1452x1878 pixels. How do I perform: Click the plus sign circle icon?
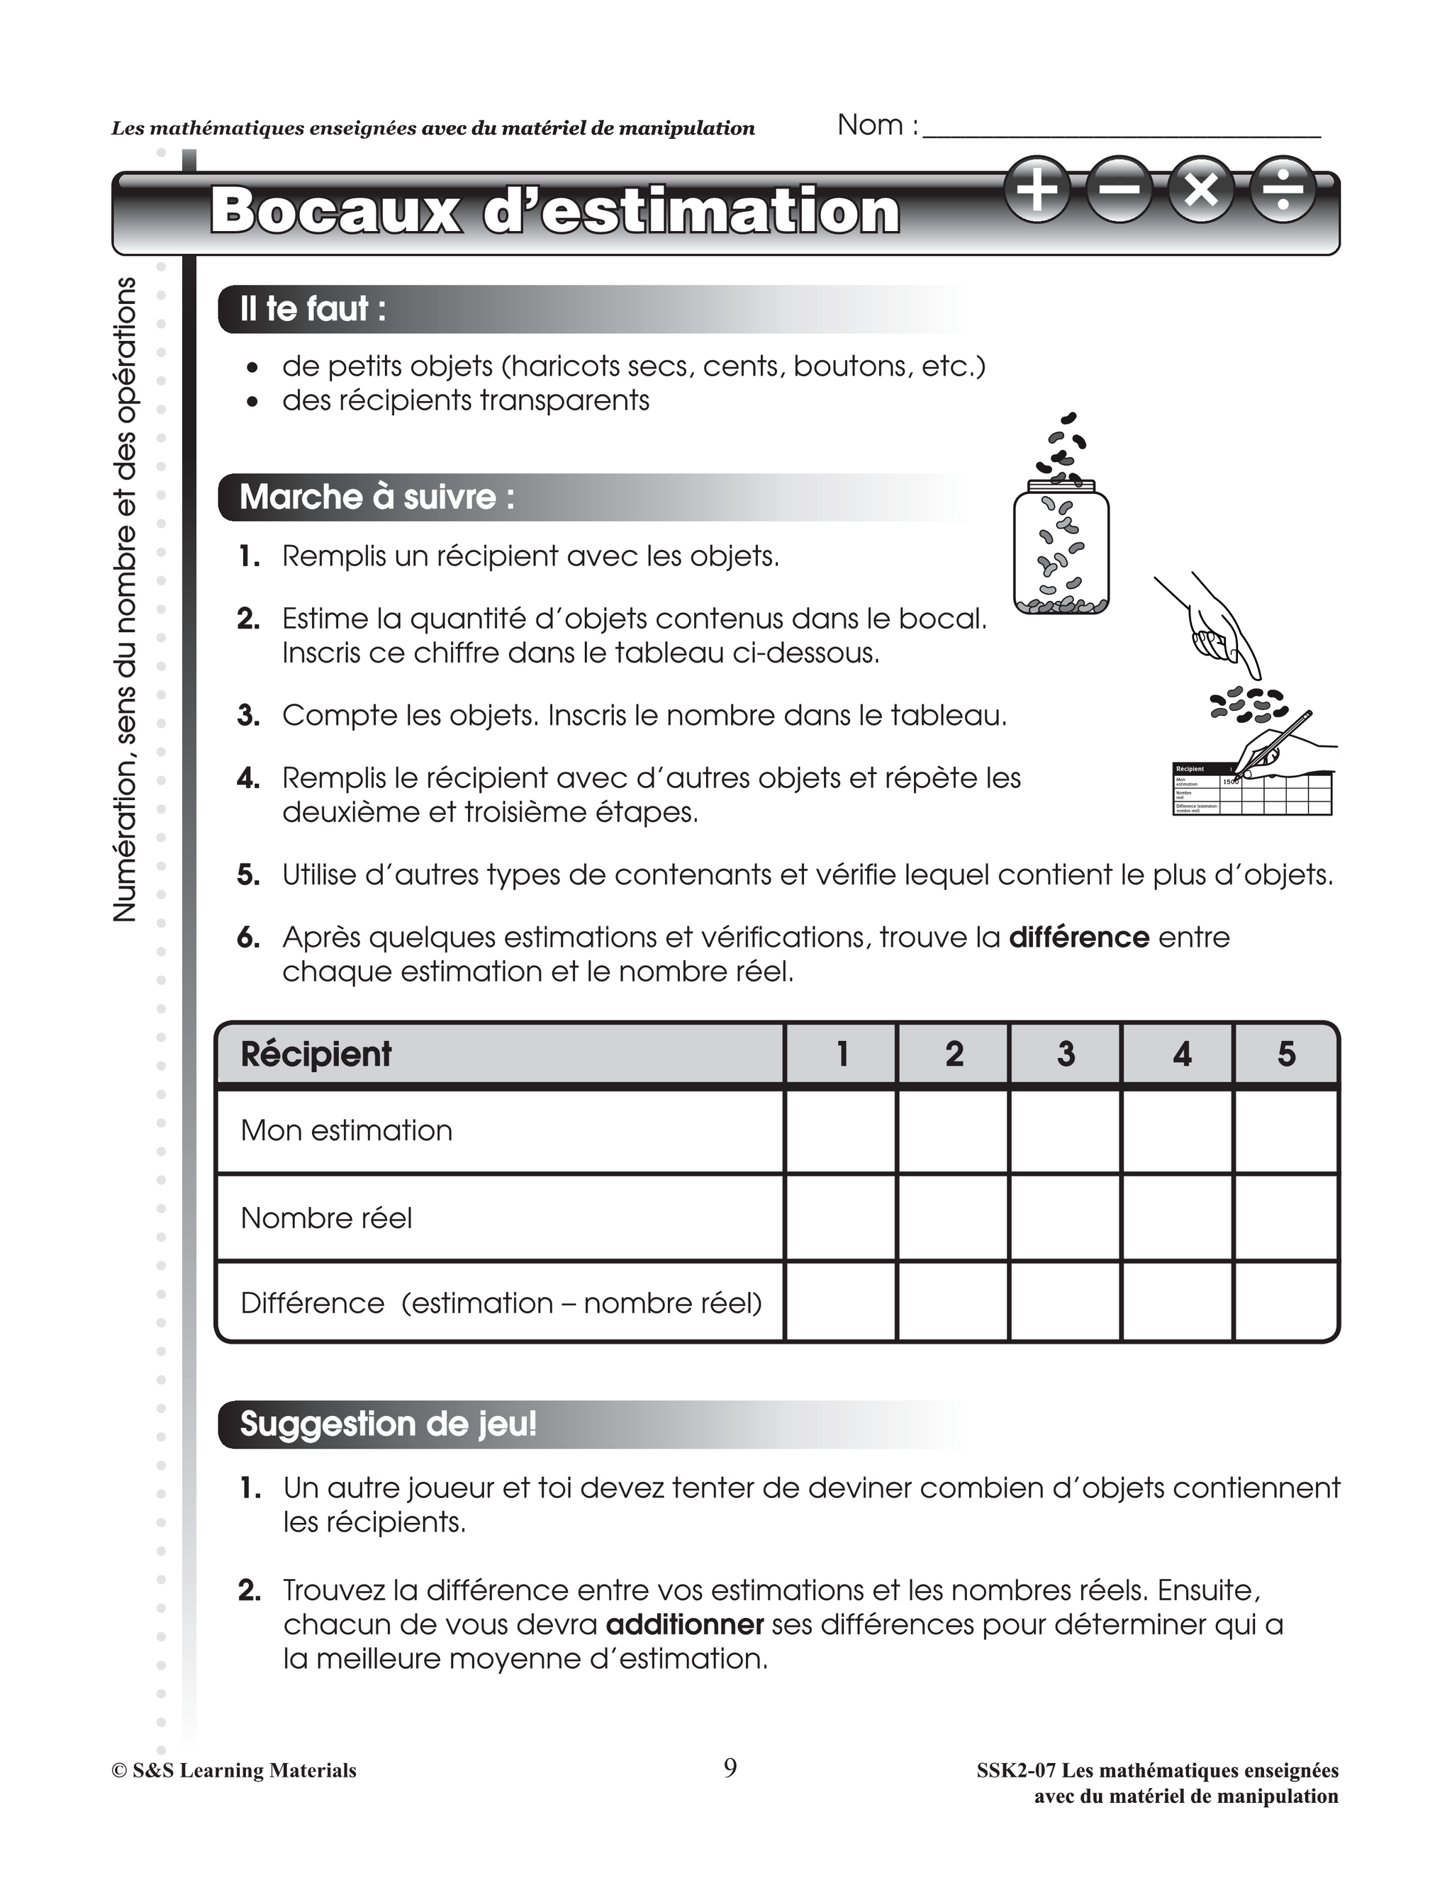(1038, 189)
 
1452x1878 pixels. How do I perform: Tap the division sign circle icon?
(1283, 189)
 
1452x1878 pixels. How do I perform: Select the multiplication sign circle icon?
(1202, 189)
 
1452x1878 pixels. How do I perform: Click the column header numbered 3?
(1065, 1055)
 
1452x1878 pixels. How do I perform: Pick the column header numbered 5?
(1286, 1055)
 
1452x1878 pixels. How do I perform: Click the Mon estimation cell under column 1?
(840, 1131)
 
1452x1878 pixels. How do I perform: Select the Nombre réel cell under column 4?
(1177, 1218)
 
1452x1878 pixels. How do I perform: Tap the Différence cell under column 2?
(953, 1302)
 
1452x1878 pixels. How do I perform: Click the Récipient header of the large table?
(316, 1055)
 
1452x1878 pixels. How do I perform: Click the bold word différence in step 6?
(1078, 938)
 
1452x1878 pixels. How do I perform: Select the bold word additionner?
(685, 1625)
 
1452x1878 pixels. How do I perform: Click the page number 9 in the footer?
(730, 1768)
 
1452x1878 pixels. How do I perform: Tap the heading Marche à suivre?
(376, 497)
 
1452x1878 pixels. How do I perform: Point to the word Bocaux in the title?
(335, 210)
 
